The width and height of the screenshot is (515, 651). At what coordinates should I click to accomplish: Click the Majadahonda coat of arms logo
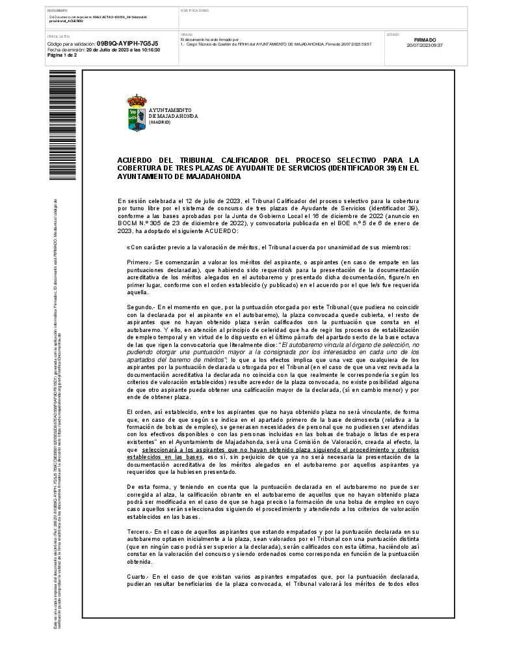point(137,113)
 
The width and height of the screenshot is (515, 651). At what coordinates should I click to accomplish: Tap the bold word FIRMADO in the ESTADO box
point(425,40)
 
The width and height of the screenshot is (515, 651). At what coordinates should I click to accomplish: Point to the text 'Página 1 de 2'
point(62,55)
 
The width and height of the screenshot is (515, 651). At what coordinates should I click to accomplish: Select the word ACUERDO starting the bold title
point(135,159)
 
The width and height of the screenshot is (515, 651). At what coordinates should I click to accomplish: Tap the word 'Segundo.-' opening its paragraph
point(141,306)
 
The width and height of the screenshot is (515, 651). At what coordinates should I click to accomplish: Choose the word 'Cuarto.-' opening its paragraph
point(139,577)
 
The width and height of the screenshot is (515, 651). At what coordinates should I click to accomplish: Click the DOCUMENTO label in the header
point(58,11)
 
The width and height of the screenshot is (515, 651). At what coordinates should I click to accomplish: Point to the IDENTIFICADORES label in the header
point(194,11)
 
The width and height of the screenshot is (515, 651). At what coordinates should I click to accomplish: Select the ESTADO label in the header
point(393,34)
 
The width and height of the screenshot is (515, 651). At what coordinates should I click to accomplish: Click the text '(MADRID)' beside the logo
point(159,122)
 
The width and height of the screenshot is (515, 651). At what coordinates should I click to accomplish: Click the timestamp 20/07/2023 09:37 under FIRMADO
point(425,45)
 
